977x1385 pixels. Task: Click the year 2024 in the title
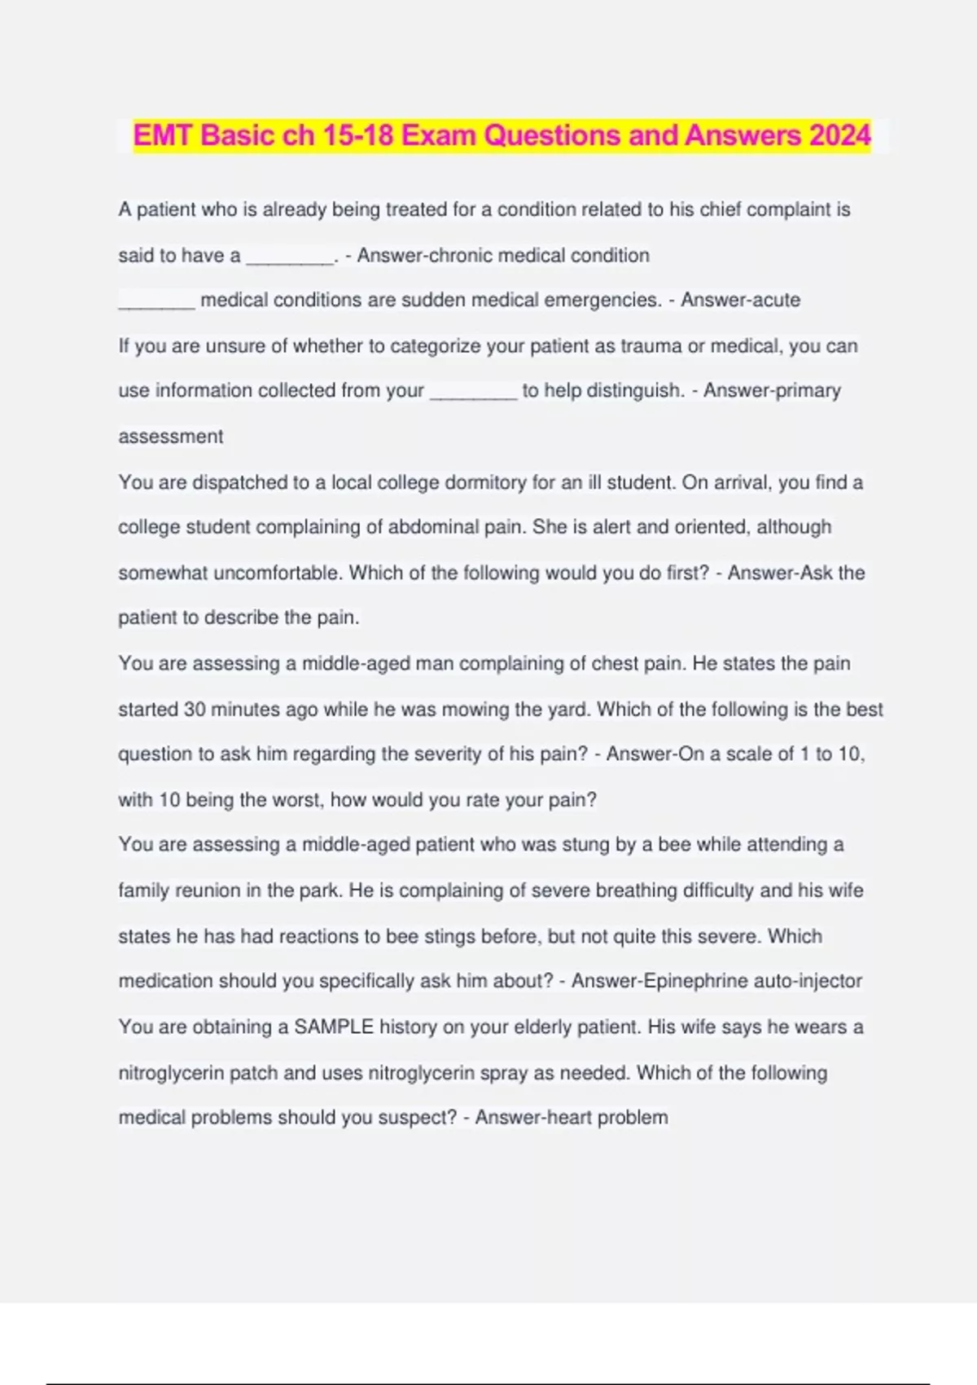(839, 135)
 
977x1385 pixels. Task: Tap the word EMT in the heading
(163, 135)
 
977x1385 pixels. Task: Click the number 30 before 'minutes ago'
(195, 709)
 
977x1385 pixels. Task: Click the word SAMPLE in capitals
(334, 1027)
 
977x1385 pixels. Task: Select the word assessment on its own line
(171, 437)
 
